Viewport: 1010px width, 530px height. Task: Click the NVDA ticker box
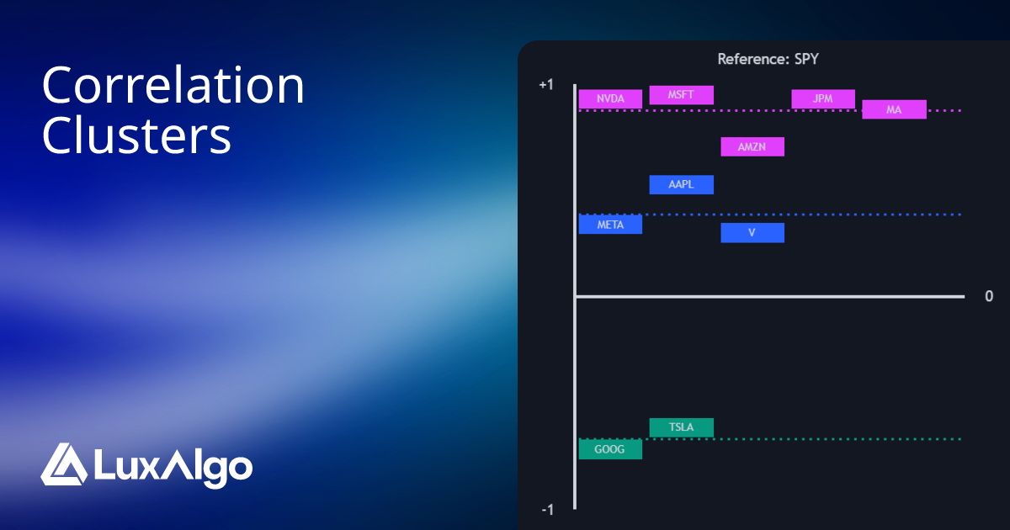point(610,99)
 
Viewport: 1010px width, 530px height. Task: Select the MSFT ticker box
point(681,95)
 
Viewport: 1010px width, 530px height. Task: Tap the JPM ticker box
point(822,99)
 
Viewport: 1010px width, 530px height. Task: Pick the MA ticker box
point(894,109)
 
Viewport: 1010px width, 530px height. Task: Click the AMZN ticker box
point(752,147)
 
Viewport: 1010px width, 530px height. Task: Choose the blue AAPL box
point(681,185)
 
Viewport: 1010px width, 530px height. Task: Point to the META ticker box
point(610,225)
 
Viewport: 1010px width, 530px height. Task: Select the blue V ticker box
point(752,233)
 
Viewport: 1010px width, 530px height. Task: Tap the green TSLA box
point(681,427)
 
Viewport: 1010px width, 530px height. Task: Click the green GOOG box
point(610,450)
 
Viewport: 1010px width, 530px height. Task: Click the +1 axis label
point(546,85)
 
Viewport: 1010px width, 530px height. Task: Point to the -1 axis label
point(547,510)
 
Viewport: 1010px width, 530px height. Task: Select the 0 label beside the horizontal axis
point(989,296)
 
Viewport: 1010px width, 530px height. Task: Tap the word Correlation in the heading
point(173,86)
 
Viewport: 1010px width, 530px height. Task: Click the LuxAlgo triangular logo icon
point(63,464)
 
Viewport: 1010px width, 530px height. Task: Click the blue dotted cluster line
point(842,215)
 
